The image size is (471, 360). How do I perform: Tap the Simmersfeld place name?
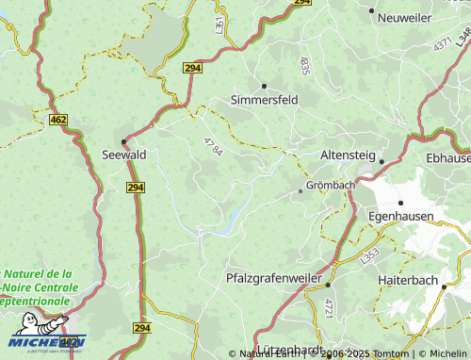click(265, 99)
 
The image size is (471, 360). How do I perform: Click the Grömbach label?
click(330, 186)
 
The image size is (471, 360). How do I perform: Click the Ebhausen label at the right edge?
click(447, 157)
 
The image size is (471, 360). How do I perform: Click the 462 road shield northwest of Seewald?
click(58, 120)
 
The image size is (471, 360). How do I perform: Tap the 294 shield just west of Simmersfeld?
click(193, 69)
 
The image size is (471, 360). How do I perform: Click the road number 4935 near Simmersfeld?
click(303, 65)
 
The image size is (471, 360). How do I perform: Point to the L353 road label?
click(368, 255)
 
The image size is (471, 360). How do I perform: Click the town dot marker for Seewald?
click(123, 141)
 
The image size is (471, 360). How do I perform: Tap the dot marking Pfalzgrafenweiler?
click(329, 284)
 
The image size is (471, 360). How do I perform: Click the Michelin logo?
click(47, 341)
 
